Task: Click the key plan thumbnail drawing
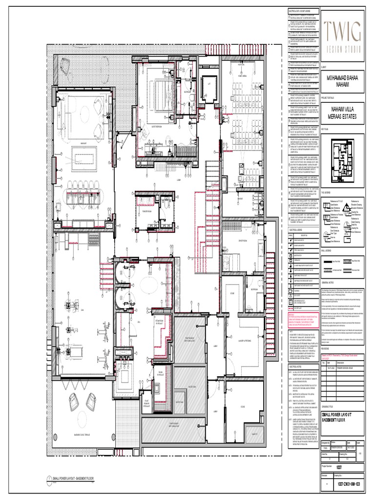(x=341, y=157)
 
